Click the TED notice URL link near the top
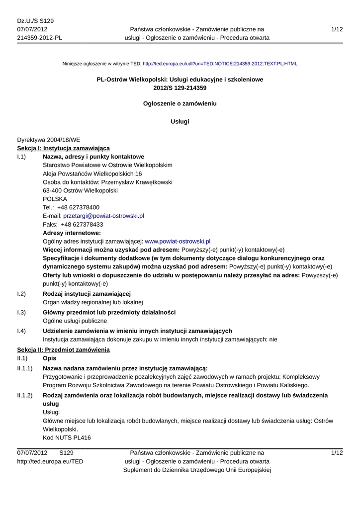[220, 64]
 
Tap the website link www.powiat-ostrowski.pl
[178, 241]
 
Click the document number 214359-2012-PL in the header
[40, 37]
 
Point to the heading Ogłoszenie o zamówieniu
[180, 103]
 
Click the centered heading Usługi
[180, 121]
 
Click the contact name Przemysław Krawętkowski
[137, 182]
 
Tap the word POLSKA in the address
[55, 199]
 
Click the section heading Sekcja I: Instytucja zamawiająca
[64, 148]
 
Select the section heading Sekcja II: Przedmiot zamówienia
[63, 350]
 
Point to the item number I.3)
[21, 312]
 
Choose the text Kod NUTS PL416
[67, 437]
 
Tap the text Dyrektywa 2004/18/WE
[49, 140]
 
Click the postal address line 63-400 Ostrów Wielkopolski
[80, 190]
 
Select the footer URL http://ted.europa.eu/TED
[50, 461]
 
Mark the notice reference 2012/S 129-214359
[180, 87]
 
